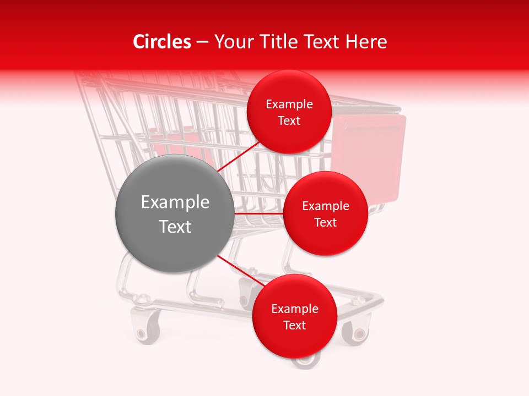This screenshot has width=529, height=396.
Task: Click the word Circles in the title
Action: tap(161, 42)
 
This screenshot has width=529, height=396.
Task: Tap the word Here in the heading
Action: tap(367, 42)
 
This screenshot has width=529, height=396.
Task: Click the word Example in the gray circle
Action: tap(175, 202)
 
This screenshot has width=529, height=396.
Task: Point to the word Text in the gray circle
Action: tap(175, 227)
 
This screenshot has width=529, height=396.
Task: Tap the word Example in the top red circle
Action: tap(289, 105)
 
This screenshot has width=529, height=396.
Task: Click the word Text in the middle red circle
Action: tap(325, 222)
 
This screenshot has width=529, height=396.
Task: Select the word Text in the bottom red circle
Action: tap(294, 325)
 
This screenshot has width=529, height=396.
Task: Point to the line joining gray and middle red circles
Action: tap(259, 213)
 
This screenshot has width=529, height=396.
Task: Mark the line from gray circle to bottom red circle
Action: tap(240, 270)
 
